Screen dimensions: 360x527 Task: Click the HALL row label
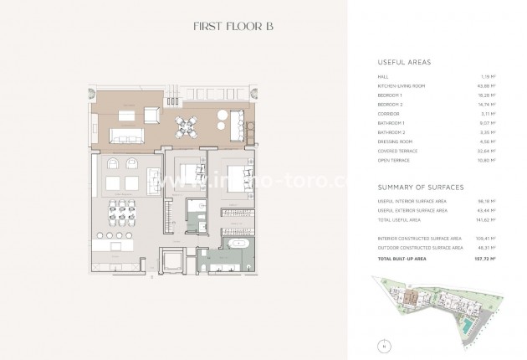[x=383, y=77]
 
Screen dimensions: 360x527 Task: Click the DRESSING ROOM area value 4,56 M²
[x=487, y=141]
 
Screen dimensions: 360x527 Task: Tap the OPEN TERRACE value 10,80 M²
[x=486, y=160]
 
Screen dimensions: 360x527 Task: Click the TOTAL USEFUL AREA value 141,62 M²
[x=485, y=220]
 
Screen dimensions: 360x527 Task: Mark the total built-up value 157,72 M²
[x=484, y=258]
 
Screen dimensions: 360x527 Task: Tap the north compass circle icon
[x=382, y=344]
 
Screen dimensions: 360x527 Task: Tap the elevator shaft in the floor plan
[x=176, y=262]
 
